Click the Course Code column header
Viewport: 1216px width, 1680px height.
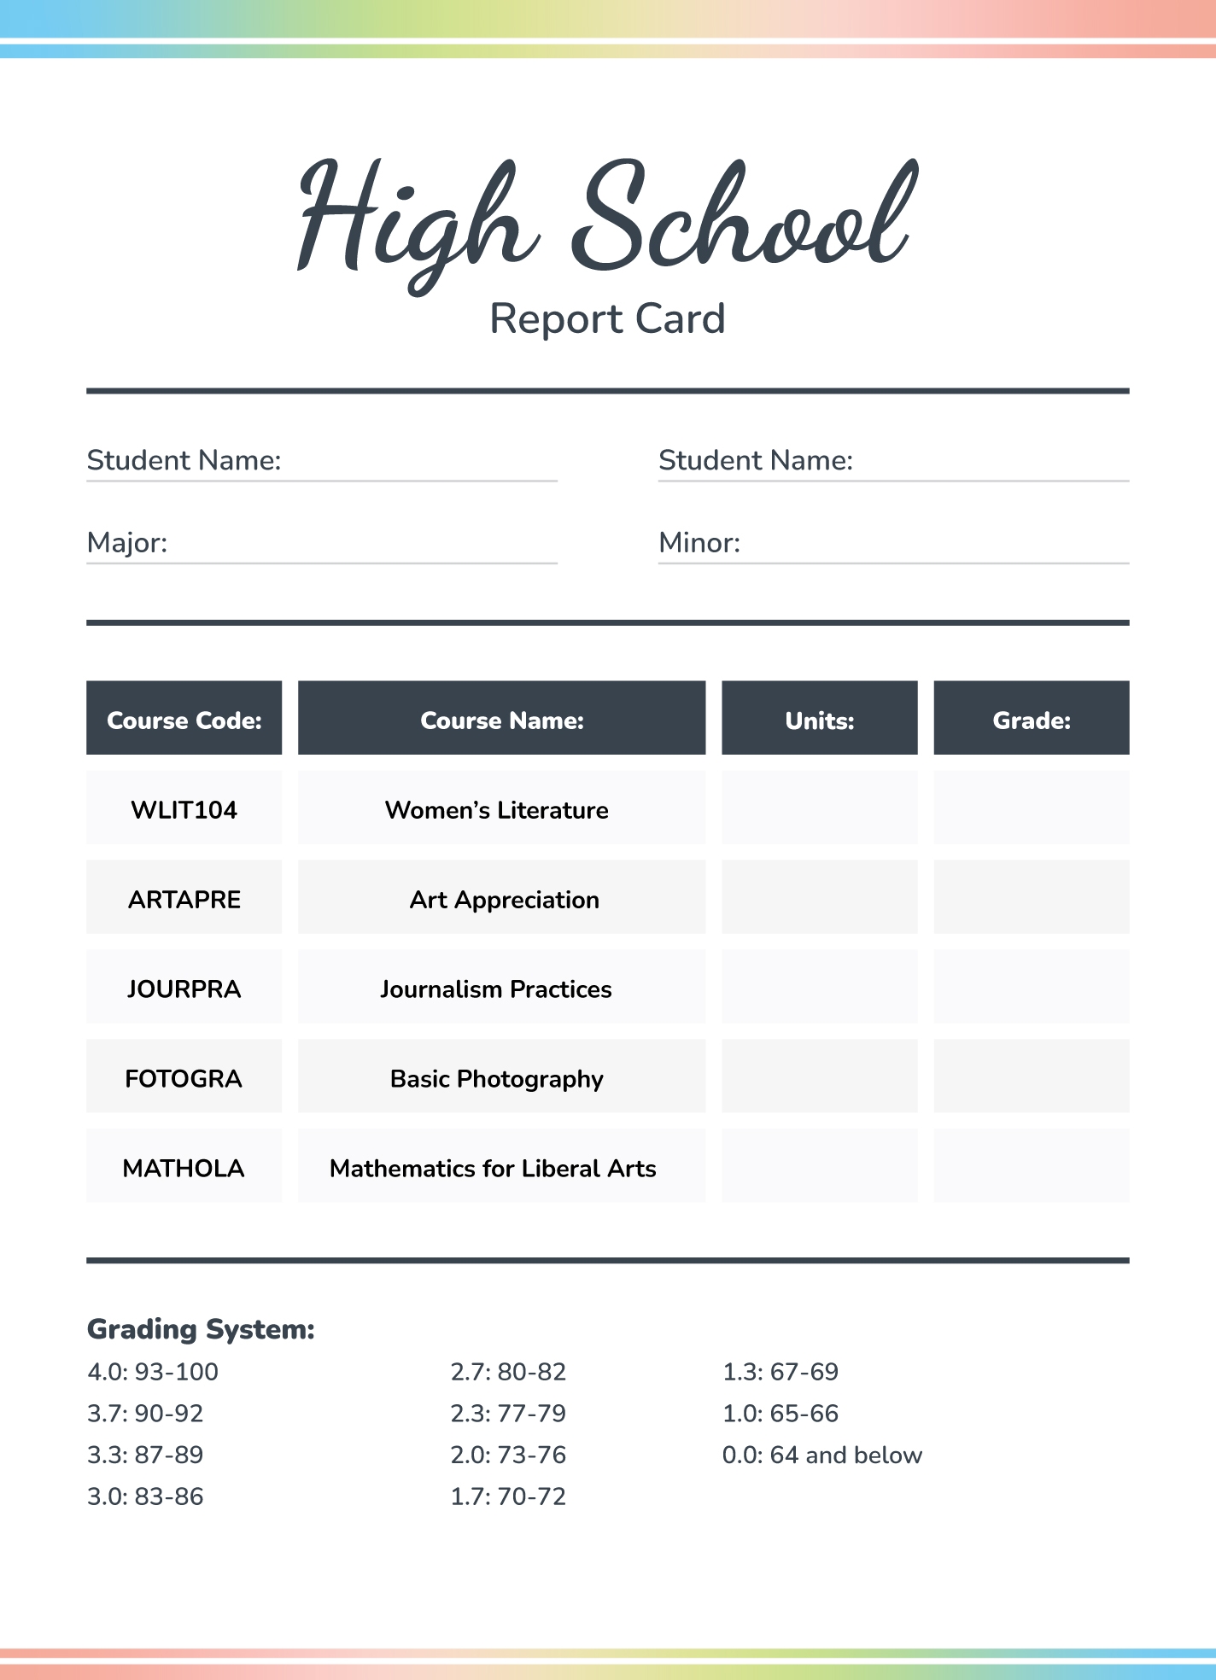click(x=184, y=720)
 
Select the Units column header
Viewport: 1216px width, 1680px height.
click(x=819, y=720)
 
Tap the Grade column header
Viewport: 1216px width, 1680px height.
click(x=1031, y=720)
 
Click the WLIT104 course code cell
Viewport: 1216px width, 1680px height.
click(x=184, y=809)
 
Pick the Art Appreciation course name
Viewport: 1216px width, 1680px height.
click(x=504, y=899)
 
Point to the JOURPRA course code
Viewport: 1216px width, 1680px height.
click(x=184, y=989)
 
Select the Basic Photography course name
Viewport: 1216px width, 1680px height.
click(x=496, y=1078)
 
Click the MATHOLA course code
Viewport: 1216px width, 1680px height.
click(x=184, y=1168)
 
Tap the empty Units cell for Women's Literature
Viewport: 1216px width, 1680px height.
click(x=819, y=808)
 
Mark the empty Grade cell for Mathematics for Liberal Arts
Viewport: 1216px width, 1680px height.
click(x=1031, y=1165)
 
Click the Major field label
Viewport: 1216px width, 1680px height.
click(x=127, y=542)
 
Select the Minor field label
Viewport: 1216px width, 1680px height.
click(x=699, y=542)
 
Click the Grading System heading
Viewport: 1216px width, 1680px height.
click(x=201, y=1329)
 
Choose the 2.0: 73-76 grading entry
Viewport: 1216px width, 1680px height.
click(x=508, y=1455)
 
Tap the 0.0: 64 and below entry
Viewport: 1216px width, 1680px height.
click(x=821, y=1455)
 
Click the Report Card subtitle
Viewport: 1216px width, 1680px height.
click(x=607, y=319)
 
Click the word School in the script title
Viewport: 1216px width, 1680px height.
click(x=743, y=218)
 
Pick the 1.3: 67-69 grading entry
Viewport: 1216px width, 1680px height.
click(x=780, y=1372)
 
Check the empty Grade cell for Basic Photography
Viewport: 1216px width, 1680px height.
click(x=1031, y=1076)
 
